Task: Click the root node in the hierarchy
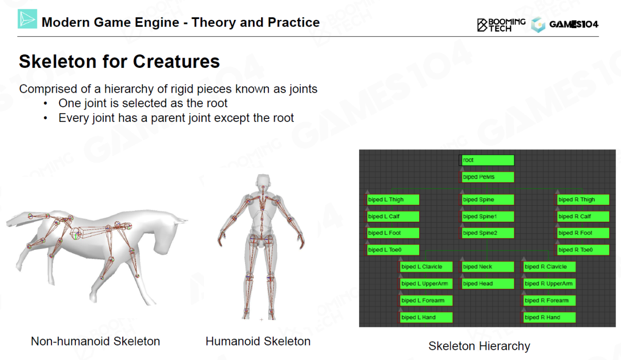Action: (x=487, y=160)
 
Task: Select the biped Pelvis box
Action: (x=488, y=177)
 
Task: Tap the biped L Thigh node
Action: (x=392, y=200)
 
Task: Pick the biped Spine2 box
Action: (x=488, y=233)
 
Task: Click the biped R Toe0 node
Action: (x=583, y=250)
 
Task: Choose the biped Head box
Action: (x=488, y=284)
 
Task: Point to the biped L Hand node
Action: (x=426, y=318)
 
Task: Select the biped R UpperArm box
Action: (x=549, y=284)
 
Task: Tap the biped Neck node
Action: (x=488, y=267)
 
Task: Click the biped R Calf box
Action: (x=583, y=216)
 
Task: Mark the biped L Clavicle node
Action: (x=426, y=267)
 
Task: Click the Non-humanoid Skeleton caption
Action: (x=96, y=341)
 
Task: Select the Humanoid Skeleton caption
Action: (x=258, y=341)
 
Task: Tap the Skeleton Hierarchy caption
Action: (x=479, y=346)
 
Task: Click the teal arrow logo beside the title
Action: (x=28, y=19)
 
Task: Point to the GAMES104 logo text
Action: (x=573, y=24)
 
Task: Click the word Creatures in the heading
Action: (x=176, y=61)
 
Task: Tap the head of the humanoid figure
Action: (x=263, y=181)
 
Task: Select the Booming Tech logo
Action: (x=501, y=25)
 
